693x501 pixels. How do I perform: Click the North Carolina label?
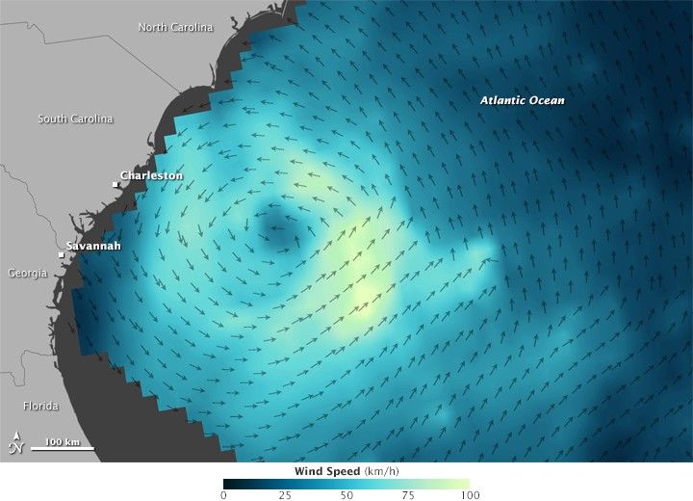pyautogui.click(x=175, y=27)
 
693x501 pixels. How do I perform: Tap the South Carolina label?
pyautogui.click(x=75, y=119)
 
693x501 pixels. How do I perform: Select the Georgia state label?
pyautogui.click(x=27, y=274)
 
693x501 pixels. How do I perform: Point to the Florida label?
pyautogui.click(x=41, y=406)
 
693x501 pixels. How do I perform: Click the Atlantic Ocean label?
pyautogui.click(x=523, y=100)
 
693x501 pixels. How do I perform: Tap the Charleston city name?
pyautogui.click(x=150, y=176)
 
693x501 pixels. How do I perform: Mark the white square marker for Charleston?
pyautogui.click(x=115, y=183)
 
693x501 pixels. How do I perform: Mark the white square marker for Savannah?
pyautogui.click(x=61, y=254)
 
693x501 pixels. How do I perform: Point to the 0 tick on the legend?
pyautogui.click(x=223, y=495)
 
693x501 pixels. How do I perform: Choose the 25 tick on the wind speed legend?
pyautogui.click(x=285, y=495)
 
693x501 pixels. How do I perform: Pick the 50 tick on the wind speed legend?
pyautogui.click(x=346, y=495)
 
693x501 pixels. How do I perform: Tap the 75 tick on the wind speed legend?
pyautogui.click(x=407, y=495)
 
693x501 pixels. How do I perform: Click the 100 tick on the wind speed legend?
pyautogui.click(x=468, y=495)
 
